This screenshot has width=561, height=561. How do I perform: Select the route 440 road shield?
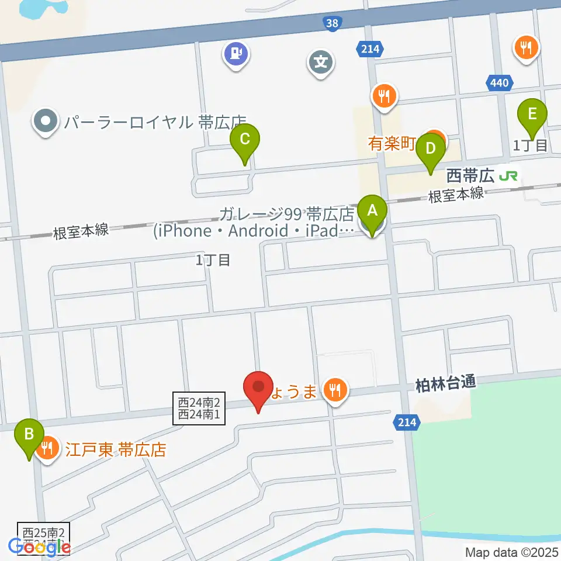(x=500, y=84)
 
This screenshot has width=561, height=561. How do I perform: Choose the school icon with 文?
(x=321, y=61)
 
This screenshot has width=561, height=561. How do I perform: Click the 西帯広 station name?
(x=470, y=175)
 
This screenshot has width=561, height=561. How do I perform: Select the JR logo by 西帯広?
(x=508, y=175)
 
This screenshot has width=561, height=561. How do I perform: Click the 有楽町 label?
(x=392, y=144)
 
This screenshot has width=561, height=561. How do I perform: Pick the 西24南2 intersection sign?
(x=199, y=402)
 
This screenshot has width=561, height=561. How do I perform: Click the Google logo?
(x=39, y=546)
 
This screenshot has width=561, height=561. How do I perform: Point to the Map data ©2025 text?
(x=512, y=552)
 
